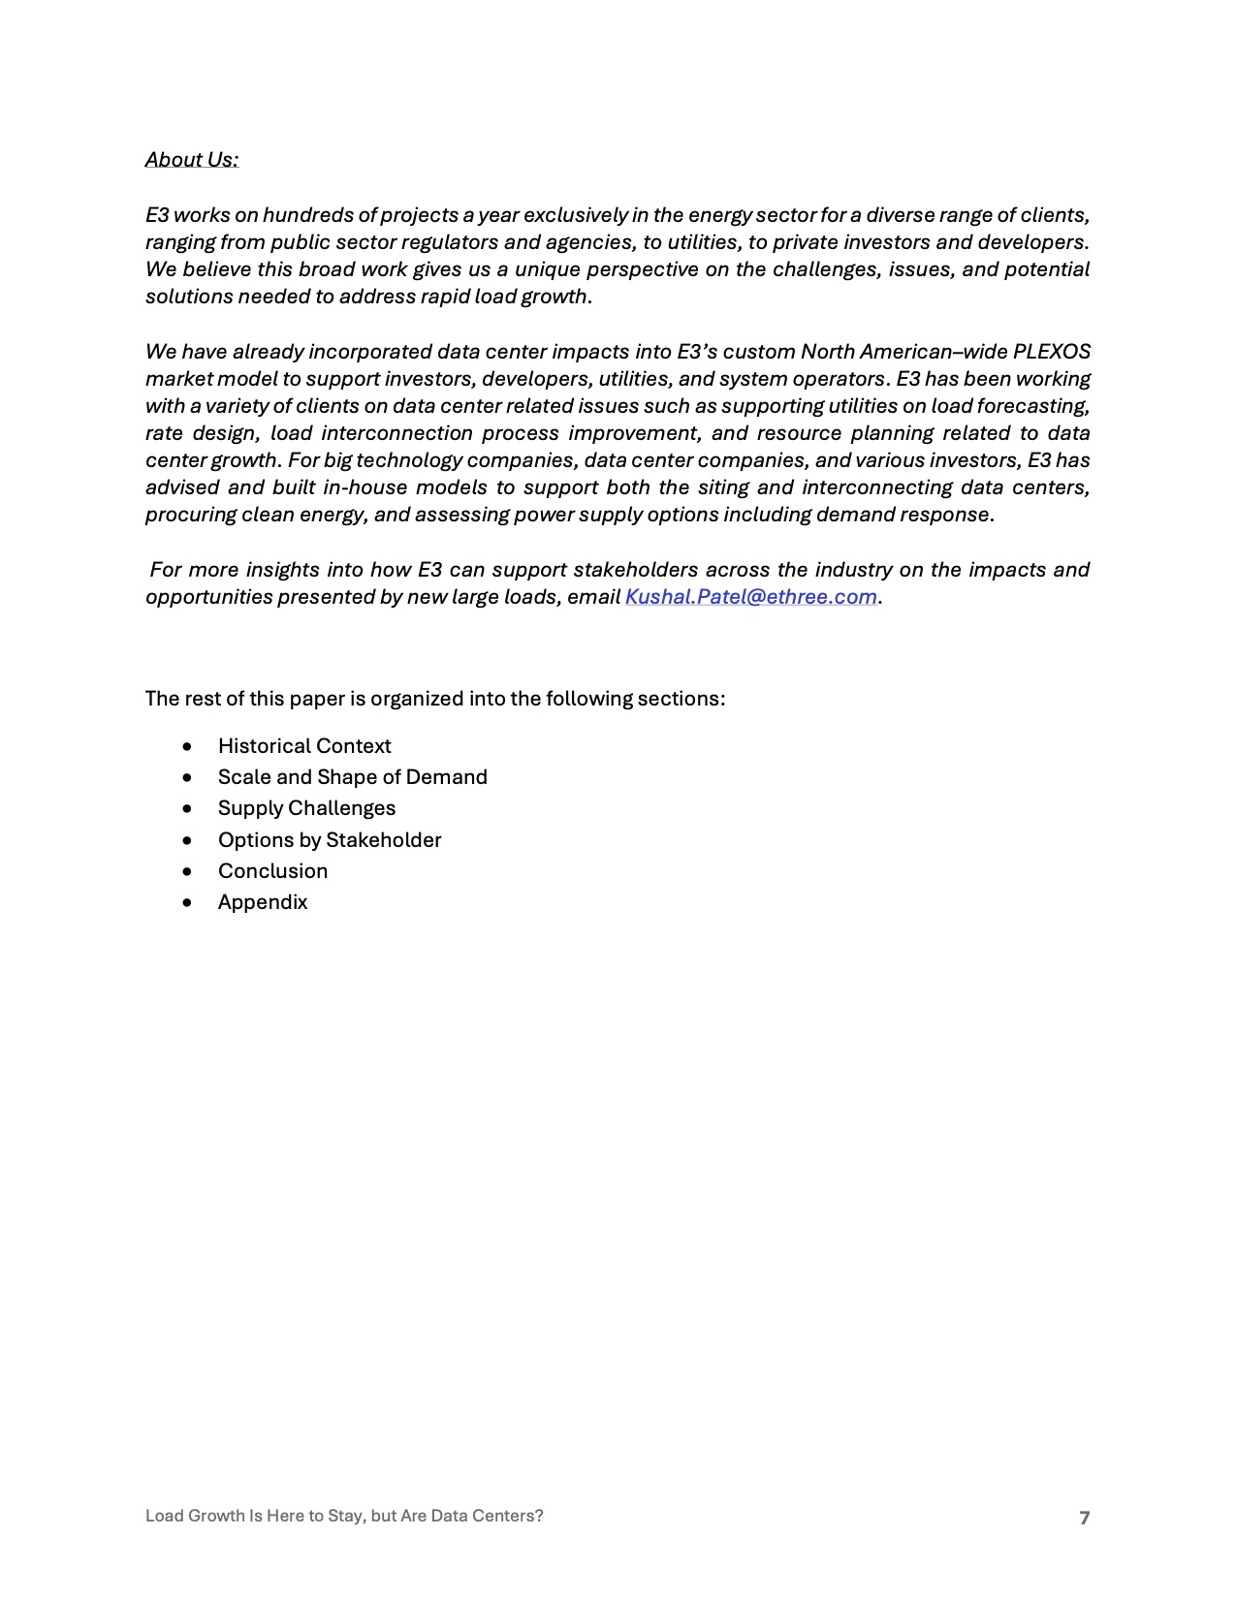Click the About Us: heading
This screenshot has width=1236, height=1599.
click(192, 160)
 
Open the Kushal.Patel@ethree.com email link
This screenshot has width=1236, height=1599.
click(750, 597)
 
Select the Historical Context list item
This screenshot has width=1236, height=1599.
click(304, 746)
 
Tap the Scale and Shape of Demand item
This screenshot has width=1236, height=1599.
click(352, 777)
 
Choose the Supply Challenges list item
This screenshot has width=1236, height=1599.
click(306, 808)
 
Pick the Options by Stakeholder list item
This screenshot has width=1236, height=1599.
click(330, 840)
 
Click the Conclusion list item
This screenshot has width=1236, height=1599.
click(272, 871)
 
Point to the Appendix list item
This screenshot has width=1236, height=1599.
click(263, 902)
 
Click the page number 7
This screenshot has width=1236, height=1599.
click(1085, 1518)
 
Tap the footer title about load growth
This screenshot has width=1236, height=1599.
click(344, 1516)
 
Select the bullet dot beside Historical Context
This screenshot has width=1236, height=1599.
click(187, 747)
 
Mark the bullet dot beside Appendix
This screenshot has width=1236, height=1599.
click(187, 903)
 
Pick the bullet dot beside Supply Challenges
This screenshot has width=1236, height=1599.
click(187, 809)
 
